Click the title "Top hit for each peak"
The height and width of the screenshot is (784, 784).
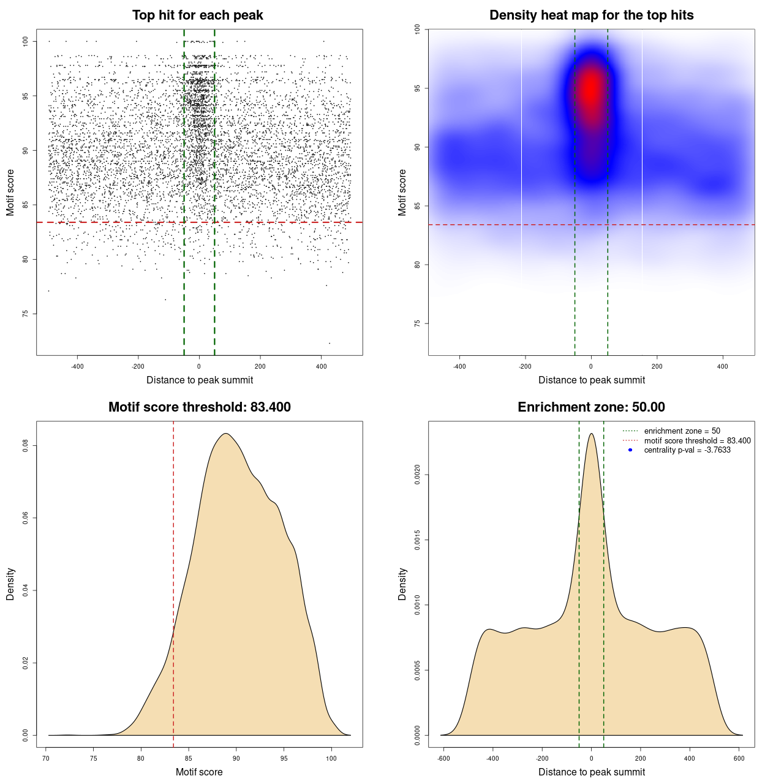tap(197, 15)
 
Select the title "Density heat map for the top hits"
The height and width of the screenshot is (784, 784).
tap(591, 15)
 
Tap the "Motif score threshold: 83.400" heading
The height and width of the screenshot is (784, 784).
tap(199, 407)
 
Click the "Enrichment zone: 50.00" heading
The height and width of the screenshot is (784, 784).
tap(591, 407)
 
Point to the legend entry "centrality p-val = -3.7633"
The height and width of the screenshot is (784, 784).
tap(687, 450)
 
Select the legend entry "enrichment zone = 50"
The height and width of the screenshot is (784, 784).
tap(682, 431)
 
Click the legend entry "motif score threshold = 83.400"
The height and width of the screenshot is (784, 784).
tap(697, 440)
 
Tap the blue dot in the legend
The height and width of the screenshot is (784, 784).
tap(630, 450)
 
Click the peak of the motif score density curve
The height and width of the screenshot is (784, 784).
tap(226, 434)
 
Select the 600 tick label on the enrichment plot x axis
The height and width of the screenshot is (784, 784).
tap(739, 758)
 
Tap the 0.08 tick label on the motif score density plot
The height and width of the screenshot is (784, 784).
tap(26, 446)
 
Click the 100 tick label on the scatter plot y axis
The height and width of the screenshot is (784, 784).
tap(26, 41)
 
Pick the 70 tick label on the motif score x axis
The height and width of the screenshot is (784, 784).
tap(46, 758)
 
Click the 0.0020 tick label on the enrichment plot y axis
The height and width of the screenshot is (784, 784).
tap(418, 475)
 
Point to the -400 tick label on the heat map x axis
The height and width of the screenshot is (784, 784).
tap(459, 366)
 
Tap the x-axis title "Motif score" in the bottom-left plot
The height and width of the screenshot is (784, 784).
tap(199, 772)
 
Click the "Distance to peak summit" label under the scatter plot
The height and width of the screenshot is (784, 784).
tap(200, 380)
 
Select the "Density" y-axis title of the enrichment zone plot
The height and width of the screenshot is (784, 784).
tap(402, 584)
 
